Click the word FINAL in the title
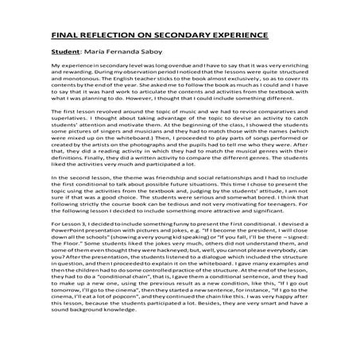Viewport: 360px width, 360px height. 65,36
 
